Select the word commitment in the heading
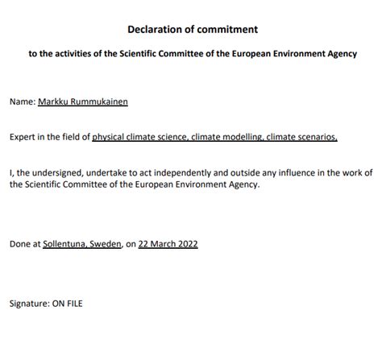click(x=228, y=30)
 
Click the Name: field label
click(x=23, y=103)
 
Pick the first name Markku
click(x=54, y=103)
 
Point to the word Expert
click(x=23, y=138)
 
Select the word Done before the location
click(x=20, y=243)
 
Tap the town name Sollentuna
click(x=66, y=243)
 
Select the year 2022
click(x=188, y=243)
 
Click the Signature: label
click(x=30, y=304)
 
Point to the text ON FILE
click(x=69, y=304)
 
